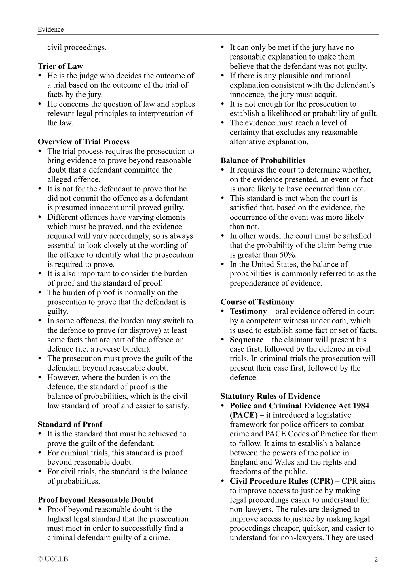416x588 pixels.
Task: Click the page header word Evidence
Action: (x=51, y=29)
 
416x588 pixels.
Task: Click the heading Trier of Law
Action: (x=60, y=66)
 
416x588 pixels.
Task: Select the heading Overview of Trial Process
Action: (x=83, y=141)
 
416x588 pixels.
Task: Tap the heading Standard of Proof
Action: (x=70, y=424)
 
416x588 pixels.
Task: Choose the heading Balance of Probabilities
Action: (x=263, y=160)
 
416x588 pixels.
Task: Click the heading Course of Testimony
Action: (x=257, y=302)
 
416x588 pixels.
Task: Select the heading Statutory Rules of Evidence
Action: (x=270, y=396)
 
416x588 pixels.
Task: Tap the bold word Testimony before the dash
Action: (x=248, y=311)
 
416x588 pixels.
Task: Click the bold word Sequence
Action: (x=246, y=340)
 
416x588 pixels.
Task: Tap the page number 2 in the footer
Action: (x=376, y=559)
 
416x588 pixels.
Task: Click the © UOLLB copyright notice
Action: (x=53, y=559)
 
